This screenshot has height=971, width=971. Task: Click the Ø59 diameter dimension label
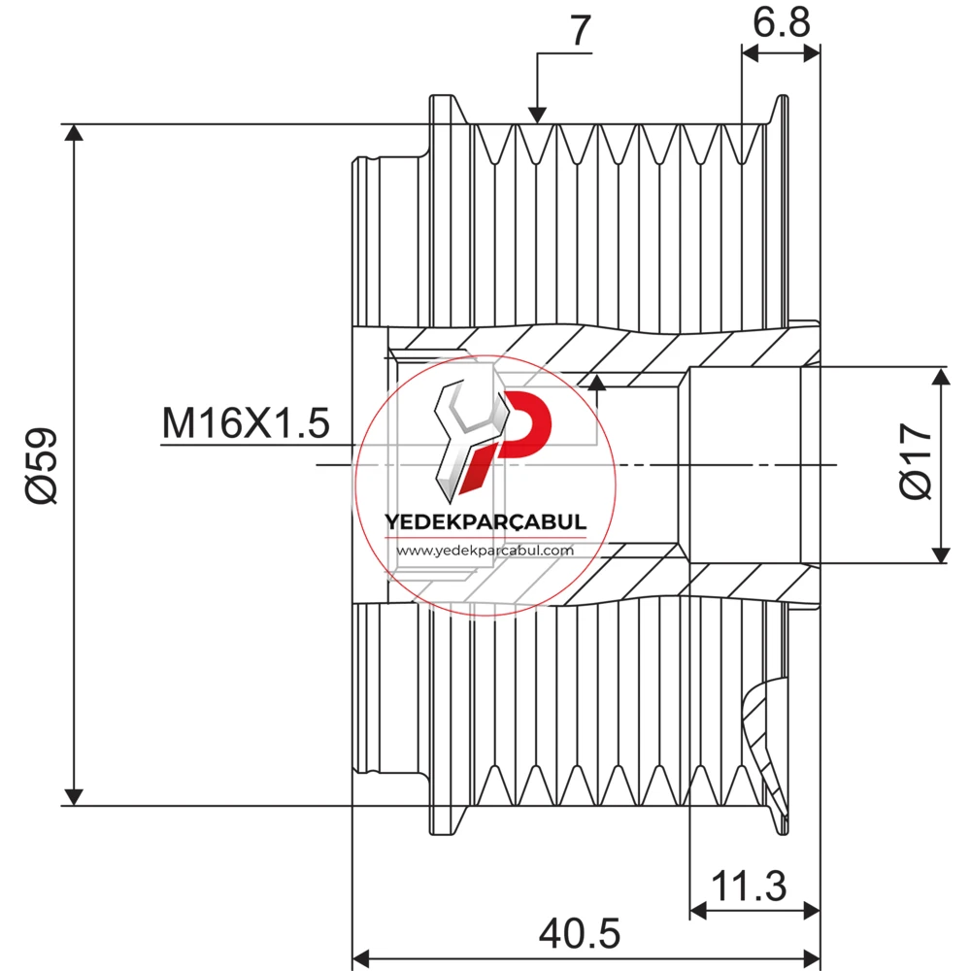(x=42, y=464)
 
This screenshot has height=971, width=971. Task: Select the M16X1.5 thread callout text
(x=246, y=423)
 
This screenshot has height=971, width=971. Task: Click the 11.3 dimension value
(x=749, y=887)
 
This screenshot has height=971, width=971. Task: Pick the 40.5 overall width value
(x=580, y=933)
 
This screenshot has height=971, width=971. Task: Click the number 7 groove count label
(x=580, y=30)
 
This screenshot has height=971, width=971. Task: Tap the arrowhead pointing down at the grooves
(x=537, y=116)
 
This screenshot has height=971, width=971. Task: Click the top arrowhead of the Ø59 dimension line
(x=74, y=132)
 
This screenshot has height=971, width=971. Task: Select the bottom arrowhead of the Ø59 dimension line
(x=74, y=797)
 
